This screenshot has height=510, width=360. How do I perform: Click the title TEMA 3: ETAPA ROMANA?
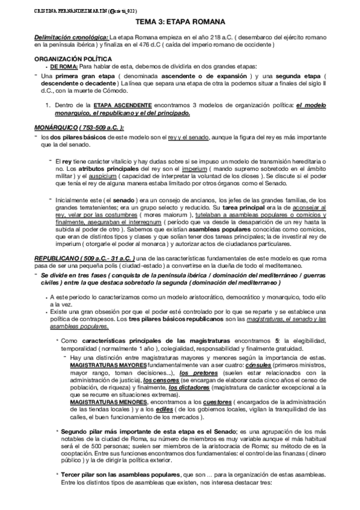point(180,21)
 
